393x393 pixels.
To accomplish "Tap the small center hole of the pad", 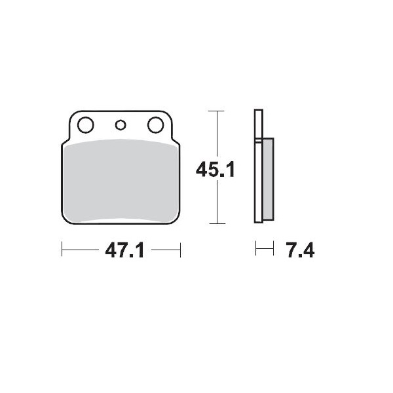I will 120,124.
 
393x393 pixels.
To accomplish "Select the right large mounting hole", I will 156,124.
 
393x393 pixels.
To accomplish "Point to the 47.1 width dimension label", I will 122,251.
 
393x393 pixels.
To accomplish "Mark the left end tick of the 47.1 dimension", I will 62,250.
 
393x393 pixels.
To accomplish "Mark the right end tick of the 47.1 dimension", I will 180,250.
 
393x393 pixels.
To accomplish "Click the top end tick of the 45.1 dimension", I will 215,112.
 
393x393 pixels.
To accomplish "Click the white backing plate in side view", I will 259,167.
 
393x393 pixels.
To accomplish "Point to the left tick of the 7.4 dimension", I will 256,249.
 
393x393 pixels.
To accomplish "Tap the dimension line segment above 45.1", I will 215,134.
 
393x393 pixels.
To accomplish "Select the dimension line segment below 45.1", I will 215,203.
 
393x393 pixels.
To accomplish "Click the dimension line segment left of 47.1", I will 79,250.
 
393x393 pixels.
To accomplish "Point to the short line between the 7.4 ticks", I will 265,249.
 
